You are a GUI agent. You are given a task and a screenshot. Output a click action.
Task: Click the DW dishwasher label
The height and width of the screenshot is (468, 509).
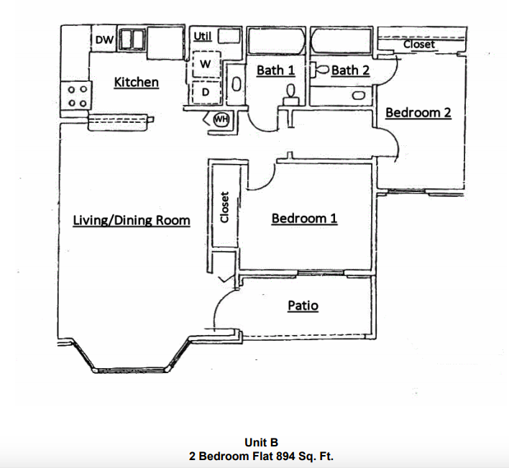click(104, 40)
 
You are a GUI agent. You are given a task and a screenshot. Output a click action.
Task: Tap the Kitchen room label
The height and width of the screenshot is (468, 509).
click(136, 82)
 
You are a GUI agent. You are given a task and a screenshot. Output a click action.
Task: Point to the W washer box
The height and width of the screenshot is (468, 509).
click(205, 64)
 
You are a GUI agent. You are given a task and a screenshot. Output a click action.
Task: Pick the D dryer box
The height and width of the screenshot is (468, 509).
click(205, 93)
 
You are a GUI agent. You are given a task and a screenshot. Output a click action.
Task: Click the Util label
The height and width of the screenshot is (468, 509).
click(202, 36)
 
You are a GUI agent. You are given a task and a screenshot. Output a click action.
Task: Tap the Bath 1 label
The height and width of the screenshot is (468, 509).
click(275, 70)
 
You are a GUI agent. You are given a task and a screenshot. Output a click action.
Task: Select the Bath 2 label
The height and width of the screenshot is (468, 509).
click(350, 70)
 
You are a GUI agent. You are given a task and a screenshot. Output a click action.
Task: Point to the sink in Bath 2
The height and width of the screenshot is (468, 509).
click(359, 94)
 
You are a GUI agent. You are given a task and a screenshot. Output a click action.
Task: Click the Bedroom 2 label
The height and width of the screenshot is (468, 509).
click(418, 113)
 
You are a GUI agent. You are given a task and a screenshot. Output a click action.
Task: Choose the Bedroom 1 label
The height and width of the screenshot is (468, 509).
click(304, 218)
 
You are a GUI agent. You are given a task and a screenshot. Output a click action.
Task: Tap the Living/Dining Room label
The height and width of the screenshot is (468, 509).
click(132, 220)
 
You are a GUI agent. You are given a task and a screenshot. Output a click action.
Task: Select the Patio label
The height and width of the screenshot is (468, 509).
click(303, 306)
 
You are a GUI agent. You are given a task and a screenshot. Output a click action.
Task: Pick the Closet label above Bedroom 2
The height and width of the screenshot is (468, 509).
click(419, 45)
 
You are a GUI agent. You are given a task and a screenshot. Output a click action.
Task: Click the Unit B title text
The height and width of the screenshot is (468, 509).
click(261, 443)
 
